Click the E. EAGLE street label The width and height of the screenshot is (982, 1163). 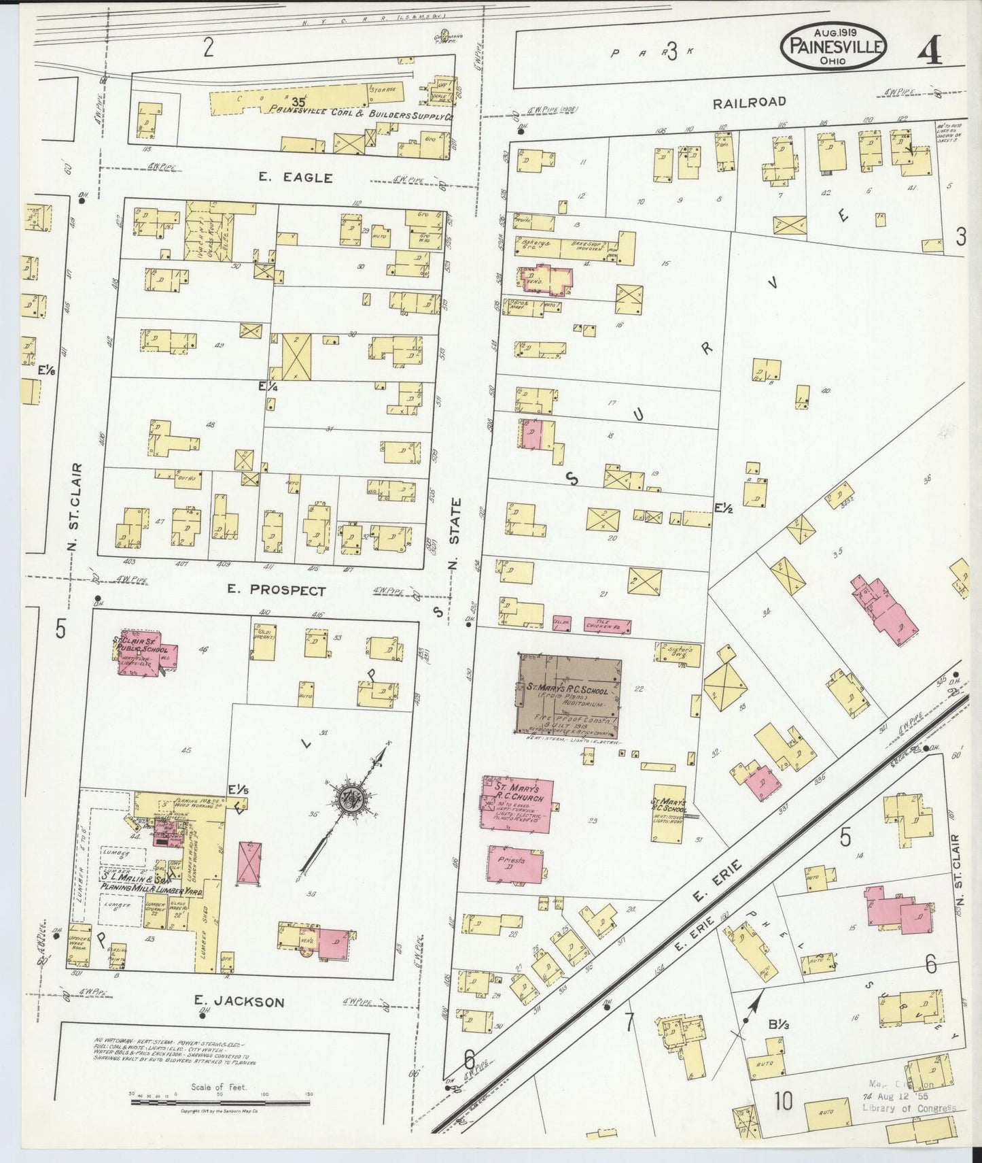click(296, 178)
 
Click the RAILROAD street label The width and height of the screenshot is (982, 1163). click(749, 102)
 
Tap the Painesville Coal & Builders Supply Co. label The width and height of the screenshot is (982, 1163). click(360, 116)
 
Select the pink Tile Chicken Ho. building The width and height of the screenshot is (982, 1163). click(608, 625)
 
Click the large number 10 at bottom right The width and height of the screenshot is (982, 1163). click(782, 1100)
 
